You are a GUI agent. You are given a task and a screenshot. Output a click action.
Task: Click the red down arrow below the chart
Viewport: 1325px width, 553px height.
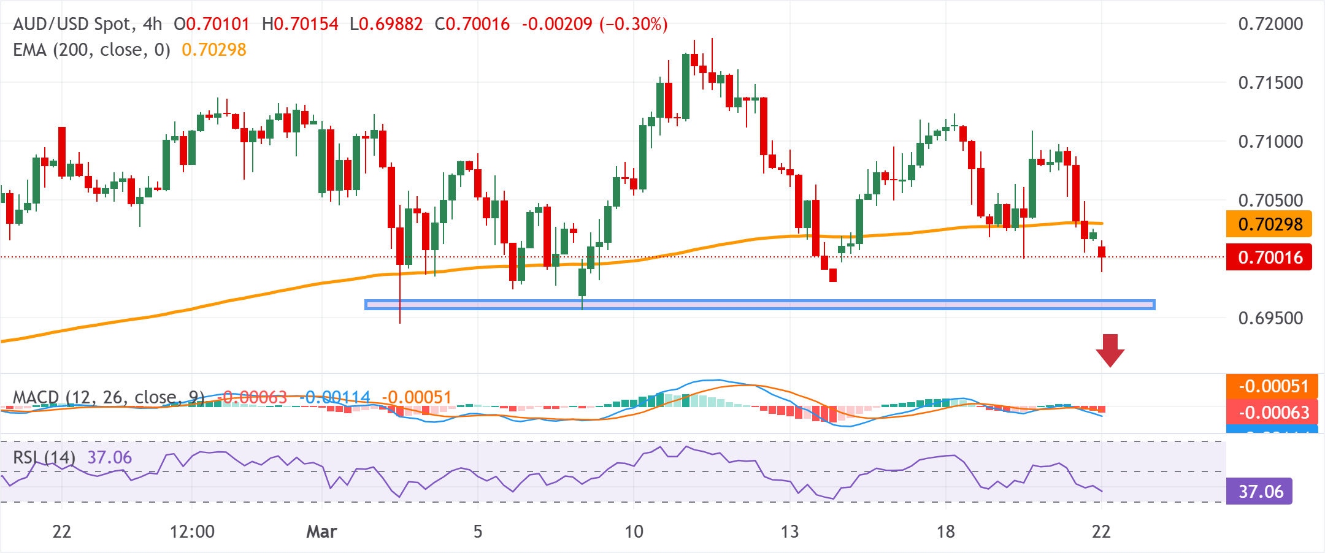click(x=1110, y=350)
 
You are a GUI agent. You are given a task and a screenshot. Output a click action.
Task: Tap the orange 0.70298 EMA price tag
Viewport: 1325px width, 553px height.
click(x=1269, y=224)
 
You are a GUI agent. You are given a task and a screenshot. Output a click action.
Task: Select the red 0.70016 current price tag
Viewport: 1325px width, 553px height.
click(x=1269, y=257)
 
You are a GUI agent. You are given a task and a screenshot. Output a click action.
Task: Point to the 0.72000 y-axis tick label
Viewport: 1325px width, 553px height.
click(x=1270, y=25)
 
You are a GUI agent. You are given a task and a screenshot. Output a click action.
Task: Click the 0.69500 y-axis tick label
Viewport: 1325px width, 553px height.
click(x=1270, y=318)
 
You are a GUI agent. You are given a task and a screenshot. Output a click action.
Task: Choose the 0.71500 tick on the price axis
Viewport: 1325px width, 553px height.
click(x=1270, y=83)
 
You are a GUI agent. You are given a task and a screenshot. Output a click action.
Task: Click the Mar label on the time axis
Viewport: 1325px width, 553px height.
click(x=321, y=532)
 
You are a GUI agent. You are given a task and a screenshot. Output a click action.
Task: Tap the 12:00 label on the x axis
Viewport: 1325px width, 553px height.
click(x=192, y=532)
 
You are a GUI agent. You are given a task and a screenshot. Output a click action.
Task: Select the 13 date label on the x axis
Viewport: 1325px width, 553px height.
click(x=789, y=532)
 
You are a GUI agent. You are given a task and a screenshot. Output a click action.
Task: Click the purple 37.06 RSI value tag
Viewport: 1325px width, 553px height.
click(x=1259, y=492)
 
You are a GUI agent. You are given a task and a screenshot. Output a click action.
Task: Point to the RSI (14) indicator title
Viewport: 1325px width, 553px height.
click(x=44, y=458)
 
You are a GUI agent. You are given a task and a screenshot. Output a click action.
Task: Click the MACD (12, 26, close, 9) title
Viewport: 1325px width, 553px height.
click(x=109, y=398)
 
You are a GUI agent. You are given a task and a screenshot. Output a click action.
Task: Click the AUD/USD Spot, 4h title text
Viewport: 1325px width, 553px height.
click(x=88, y=25)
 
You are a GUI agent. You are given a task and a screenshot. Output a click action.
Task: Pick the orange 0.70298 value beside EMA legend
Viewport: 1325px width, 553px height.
click(x=214, y=50)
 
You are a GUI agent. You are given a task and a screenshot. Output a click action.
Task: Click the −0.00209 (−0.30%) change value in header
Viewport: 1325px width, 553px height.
click(x=594, y=25)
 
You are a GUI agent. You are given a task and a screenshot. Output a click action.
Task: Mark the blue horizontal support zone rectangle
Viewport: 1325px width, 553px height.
click(x=759, y=305)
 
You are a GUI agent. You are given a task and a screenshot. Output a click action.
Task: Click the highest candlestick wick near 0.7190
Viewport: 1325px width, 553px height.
click(x=712, y=46)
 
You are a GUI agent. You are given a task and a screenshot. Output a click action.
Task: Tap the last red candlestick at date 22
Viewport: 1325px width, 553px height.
click(x=1102, y=252)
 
